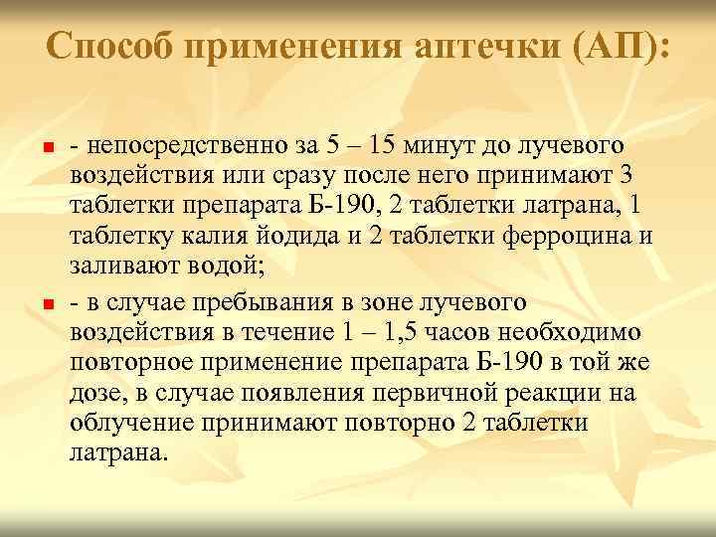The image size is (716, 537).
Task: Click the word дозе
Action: (96, 394)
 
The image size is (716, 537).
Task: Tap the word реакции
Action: (536, 394)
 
